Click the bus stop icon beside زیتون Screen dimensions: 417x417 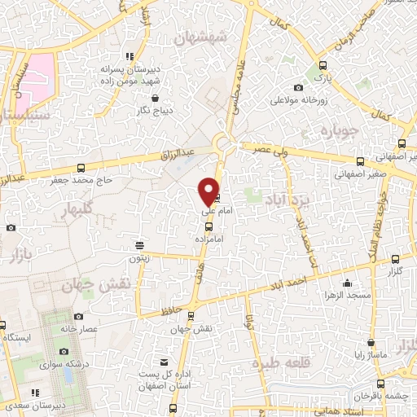point(140,244)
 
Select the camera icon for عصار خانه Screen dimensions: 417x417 point(77,316)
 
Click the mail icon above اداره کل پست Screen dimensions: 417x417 point(165,362)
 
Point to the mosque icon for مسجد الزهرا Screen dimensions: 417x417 point(348,283)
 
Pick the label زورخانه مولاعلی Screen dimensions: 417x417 point(301,101)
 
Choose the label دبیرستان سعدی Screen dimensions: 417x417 point(34,404)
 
